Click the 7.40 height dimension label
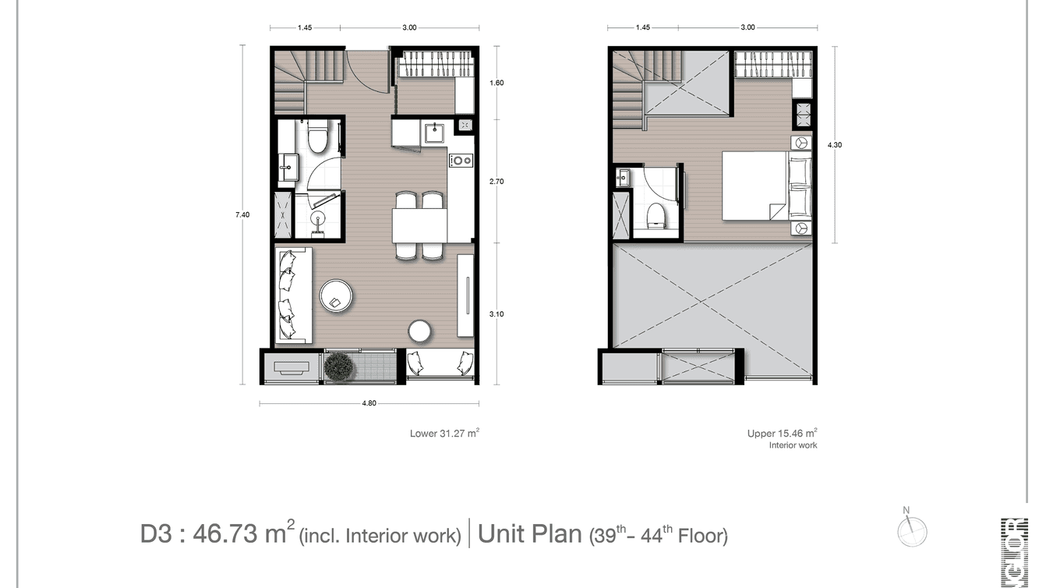(242, 215)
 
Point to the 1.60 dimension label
(496, 83)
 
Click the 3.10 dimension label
(496, 313)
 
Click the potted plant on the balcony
(340, 367)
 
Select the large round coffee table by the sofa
(337, 297)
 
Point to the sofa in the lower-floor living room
(293, 295)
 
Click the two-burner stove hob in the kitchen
(461, 161)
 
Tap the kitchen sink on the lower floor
(434, 131)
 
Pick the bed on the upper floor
(754, 186)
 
